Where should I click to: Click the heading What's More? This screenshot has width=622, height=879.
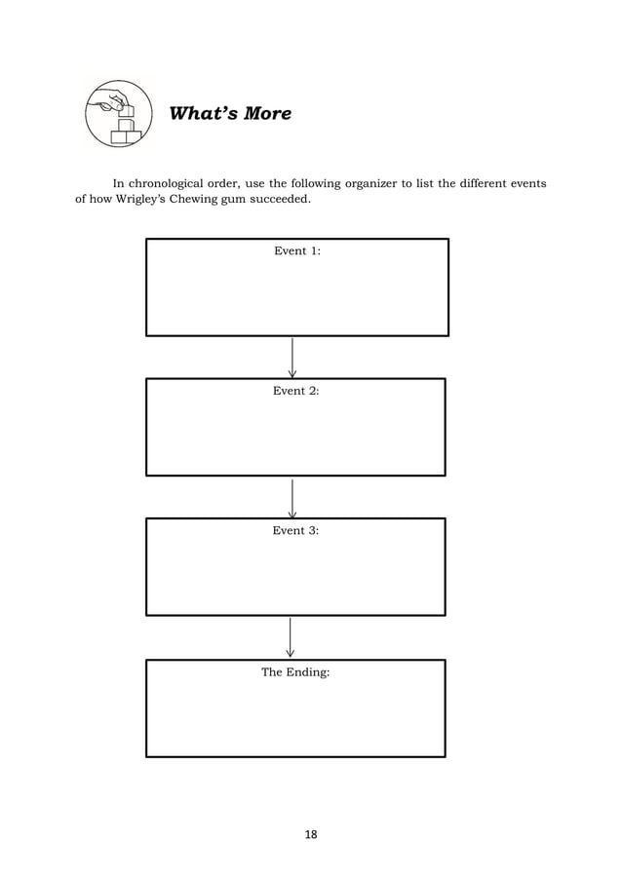coord(230,114)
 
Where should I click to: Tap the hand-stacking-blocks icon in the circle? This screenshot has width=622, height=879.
coord(118,114)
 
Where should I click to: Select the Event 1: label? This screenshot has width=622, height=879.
coord(297,251)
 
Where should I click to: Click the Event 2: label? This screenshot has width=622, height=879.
coord(296,391)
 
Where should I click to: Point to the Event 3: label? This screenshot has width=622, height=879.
coord(296,531)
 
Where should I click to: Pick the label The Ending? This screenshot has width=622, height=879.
coord(295,672)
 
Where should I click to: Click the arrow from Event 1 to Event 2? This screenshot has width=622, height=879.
coord(292,358)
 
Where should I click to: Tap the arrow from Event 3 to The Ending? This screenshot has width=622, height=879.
coord(291,637)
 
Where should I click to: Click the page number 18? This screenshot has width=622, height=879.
coord(311,835)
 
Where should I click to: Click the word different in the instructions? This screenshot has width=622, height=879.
coord(472,182)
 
